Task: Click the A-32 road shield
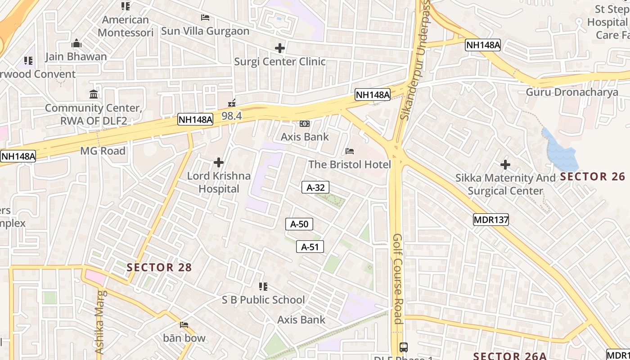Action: tap(315, 187)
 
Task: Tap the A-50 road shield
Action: tap(299, 224)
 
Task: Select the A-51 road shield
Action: tap(310, 247)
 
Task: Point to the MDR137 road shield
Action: tap(491, 220)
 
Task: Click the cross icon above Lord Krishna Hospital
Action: tap(219, 162)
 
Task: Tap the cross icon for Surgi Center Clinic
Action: tap(280, 48)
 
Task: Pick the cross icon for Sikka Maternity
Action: tap(505, 165)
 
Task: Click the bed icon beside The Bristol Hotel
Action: tap(350, 151)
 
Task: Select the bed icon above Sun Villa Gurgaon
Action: tap(205, 18)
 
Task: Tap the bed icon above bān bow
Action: tap(184, 324)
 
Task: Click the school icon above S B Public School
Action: tap(263, 286)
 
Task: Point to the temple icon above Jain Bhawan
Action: tap(76, 43)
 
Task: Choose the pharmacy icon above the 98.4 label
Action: tap(232, 103)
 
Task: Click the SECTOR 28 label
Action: tap(159, 267)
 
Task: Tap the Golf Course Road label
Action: tap(397, 279)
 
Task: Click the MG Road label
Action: tap(103, 151)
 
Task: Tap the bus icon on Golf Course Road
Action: tap(404, 347)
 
